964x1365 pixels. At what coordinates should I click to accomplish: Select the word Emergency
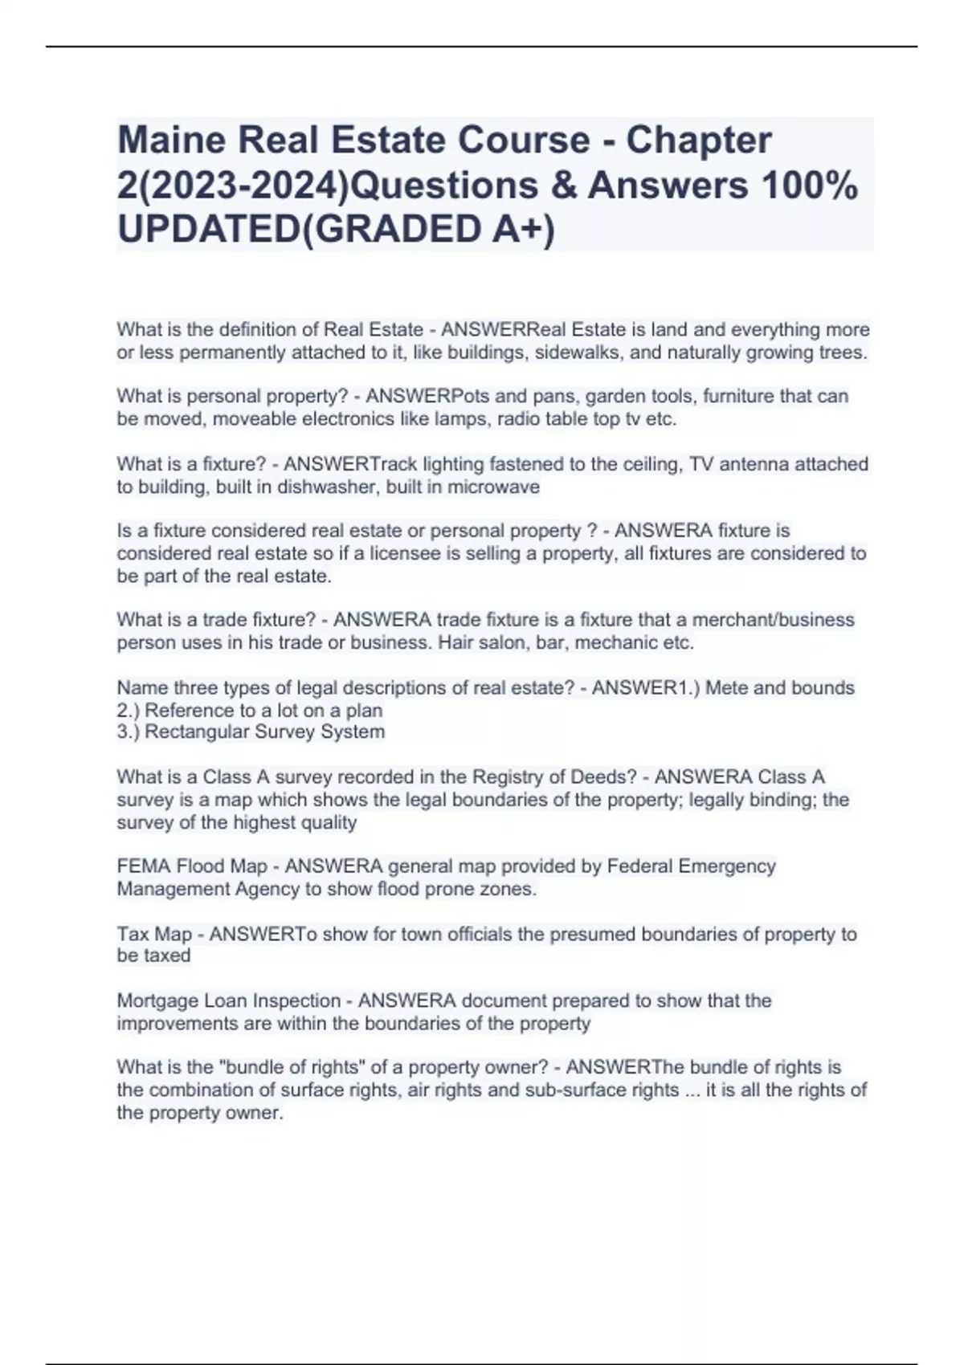coord(727,866)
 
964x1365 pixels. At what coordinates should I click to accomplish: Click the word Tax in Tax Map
coord(133,934)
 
